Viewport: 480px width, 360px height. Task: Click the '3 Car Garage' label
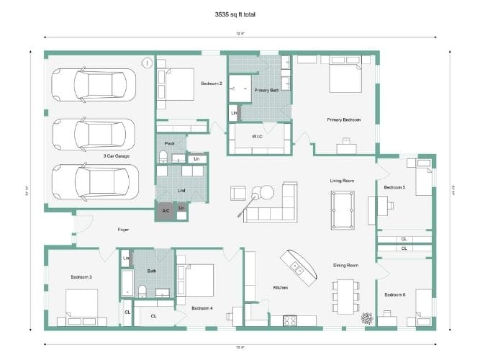116,156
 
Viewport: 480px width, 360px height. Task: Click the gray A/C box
166,211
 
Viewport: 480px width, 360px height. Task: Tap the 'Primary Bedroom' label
343,120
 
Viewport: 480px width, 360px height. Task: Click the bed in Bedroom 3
83,303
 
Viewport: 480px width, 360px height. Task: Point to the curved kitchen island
302,266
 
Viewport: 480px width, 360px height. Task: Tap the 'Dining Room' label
345,265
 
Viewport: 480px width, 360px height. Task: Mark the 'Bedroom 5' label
394,187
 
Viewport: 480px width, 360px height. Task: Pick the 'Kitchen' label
280,287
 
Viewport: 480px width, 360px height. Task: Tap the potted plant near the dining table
367,317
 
